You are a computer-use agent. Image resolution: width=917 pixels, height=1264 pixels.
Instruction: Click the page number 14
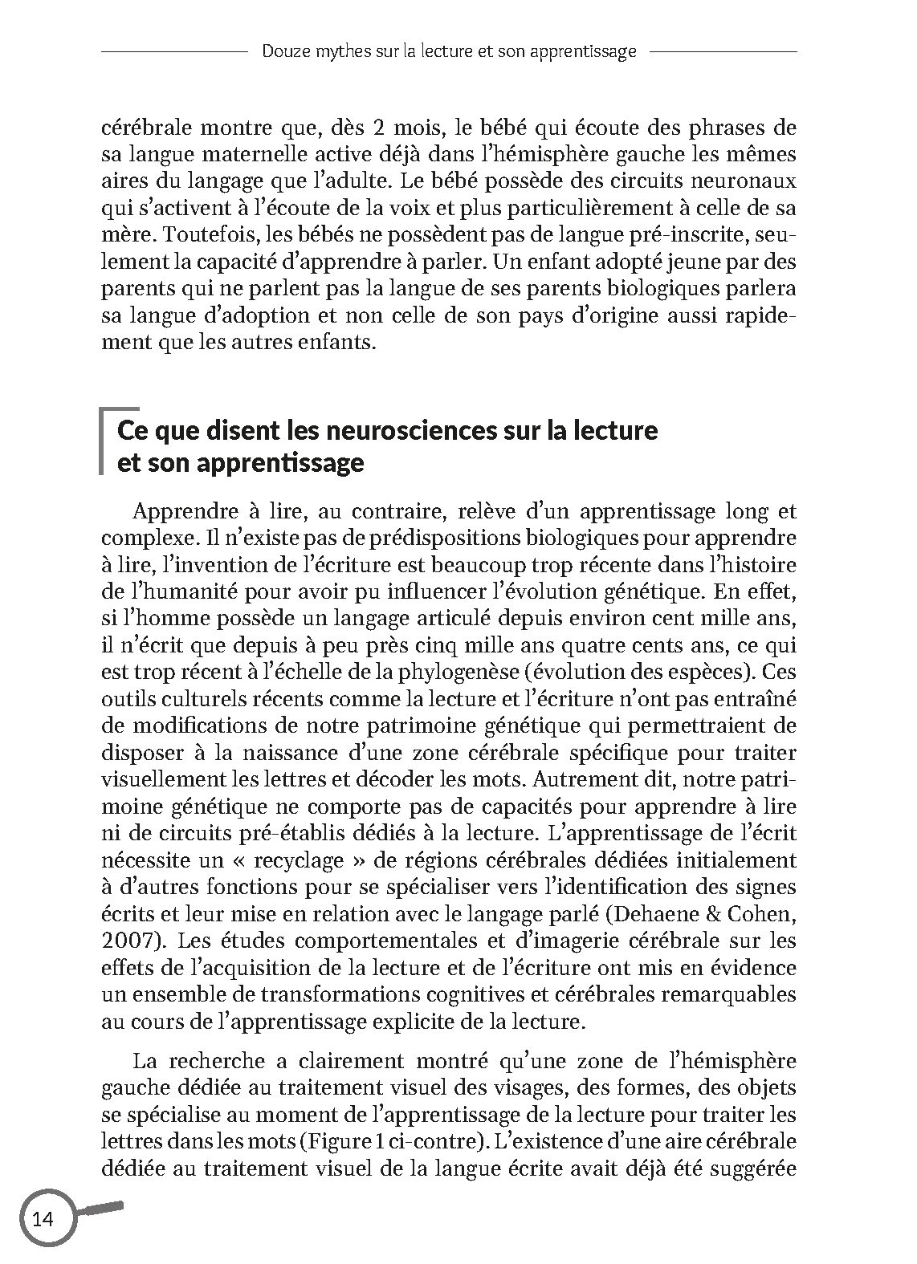tap(42, 1219)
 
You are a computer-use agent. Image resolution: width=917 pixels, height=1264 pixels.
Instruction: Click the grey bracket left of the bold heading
tap(102, 442)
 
